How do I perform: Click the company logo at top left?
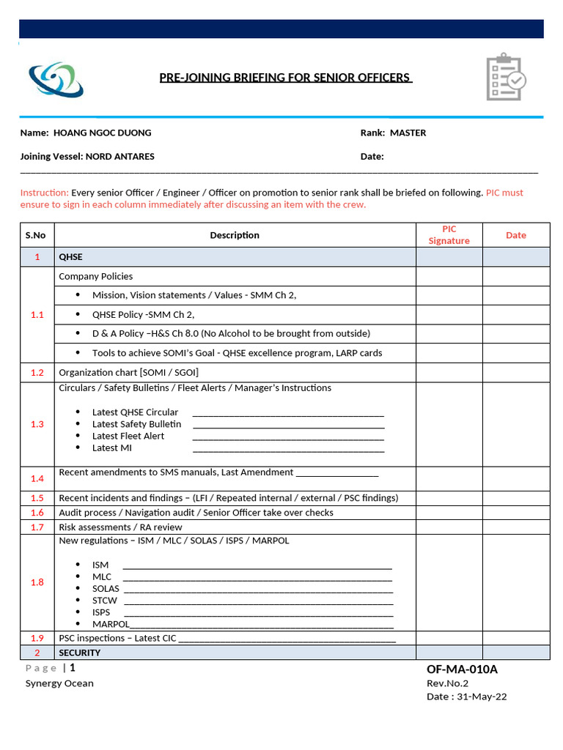pyautogui.click(x=56, y=79)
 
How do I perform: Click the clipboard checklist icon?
pyautogui.click(x=506, y=77)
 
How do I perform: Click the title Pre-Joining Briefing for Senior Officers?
pyautogui.click(x=286, y=78)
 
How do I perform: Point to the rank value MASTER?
pyautogui.click(x=408, y=133)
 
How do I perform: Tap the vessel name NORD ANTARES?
pyautogui.click(x=120, y=156)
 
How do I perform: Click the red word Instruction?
pyautogui.click(x=44, y=193)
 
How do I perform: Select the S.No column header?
pyautogui.click(x=36, y=235)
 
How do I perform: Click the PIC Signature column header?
pyautogui.click(x=449, y=235)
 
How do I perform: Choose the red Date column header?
pyautogui.click(x=515, y=235)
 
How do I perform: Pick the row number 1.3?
pyautogui.click(x=37, y=424)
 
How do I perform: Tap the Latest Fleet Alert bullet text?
pyautogui.click(x=128, y=436)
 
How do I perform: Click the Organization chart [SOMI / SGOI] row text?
pyautogui.click(x=128, y=372)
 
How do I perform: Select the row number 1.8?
pyautogui.click(x=37, y=582)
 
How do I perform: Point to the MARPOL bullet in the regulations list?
pyautogui.click(x=111, y=624)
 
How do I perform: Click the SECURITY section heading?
pyautogui.click(x=80, y=653)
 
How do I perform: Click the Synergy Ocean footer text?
pyautogui.click(x=59, y=683)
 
